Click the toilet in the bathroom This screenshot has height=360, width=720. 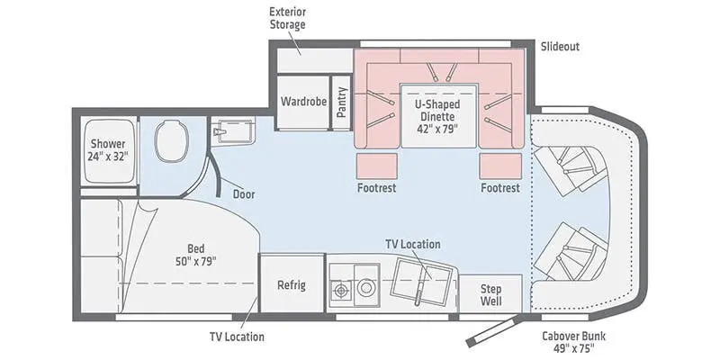point(171,139)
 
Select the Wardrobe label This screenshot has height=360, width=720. point(301,102)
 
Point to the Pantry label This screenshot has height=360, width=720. point(341,102)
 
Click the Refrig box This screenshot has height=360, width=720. point(291,285)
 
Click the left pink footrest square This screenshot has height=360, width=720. point(377,166)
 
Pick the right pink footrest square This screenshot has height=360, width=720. point(499,166)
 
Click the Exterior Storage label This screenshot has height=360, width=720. point(287,18)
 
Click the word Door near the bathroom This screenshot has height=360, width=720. point(243,193)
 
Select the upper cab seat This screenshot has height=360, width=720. point(565,165)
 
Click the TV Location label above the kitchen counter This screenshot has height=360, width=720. point(412,244)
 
